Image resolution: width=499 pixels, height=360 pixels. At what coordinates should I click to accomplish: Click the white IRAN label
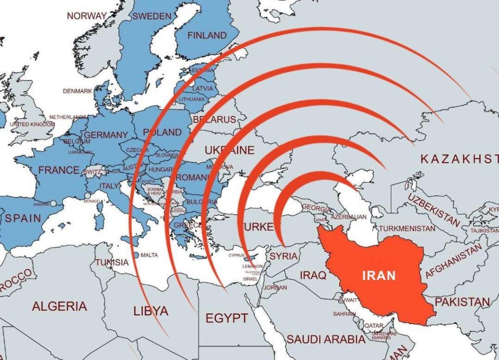[379, 275]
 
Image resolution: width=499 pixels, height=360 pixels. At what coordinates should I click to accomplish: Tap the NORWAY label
[86, 16]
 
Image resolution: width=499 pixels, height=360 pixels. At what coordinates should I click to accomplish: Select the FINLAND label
[207, 35]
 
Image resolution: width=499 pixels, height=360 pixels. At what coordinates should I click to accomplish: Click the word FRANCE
[58, 170]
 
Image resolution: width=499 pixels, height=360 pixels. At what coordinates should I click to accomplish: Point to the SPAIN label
[23, 218]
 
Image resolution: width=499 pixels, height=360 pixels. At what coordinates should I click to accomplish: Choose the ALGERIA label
[59, 306]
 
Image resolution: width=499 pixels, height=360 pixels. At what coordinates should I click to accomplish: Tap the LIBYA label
[151, 310]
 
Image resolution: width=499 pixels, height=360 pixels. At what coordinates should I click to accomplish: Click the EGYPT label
[227, 318]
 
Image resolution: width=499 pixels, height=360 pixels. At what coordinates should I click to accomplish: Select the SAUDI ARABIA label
[326, 339]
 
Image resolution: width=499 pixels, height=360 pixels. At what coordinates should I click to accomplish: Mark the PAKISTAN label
[462, 302]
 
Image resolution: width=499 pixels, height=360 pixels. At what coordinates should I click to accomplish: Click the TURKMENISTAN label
[407, 228]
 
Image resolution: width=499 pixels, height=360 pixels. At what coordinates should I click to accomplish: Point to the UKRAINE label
[230, 150]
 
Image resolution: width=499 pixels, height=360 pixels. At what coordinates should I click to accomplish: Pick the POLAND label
[163, 133]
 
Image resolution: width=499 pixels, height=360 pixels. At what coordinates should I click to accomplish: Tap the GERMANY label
[106, 135]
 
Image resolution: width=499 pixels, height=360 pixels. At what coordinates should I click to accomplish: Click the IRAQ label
[313, 275]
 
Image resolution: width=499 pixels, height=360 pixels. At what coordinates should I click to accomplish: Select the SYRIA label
[283, 256]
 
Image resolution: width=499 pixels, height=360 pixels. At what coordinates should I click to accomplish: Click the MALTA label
[149, 255]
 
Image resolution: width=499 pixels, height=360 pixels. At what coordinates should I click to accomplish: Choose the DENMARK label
[77, 91]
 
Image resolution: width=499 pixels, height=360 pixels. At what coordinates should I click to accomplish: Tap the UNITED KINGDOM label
[32, 124]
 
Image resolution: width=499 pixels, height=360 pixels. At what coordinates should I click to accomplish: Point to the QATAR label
[374, 325]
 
